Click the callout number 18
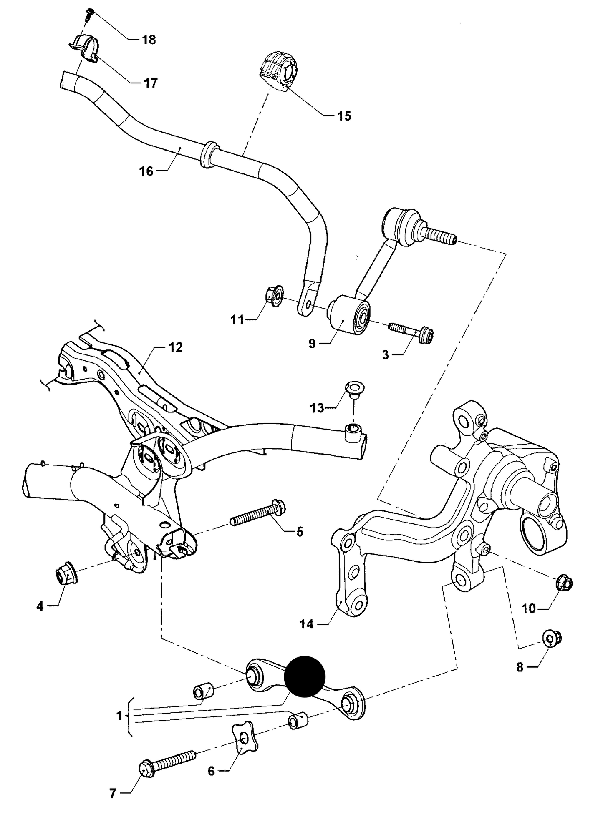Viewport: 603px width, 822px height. click(149, 40)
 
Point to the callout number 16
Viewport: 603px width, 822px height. click(146, 171)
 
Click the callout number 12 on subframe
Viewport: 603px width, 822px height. click(176, 347)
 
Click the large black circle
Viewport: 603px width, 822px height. click(304, 676)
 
